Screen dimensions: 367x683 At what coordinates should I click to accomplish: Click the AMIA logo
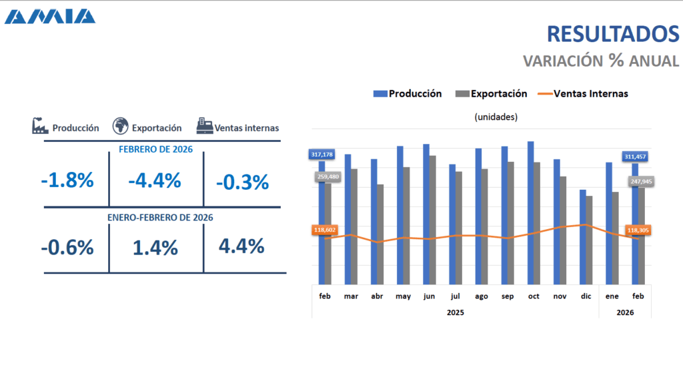[x=49, y=16]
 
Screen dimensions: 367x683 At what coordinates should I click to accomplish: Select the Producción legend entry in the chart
[x=408, y=94]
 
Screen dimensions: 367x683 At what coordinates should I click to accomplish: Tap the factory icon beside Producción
[x=40, y=126]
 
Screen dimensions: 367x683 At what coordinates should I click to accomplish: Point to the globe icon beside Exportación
[x=120, y=126]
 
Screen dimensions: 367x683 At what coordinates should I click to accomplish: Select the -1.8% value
[x=67, y=181]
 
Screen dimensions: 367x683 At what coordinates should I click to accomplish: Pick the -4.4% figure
[x=155, y=181]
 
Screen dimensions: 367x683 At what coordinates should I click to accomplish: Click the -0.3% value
[x=243, y=182]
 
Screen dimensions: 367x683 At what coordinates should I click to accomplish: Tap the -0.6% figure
[x=67, y=248]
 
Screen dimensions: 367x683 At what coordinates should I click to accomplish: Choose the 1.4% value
[x=155, y=248]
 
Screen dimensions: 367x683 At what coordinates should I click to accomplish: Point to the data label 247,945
[x=640, y=181]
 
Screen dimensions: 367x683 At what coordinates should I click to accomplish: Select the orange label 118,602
[x=325, y=230]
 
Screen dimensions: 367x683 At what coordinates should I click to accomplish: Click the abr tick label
[x=377, y=296]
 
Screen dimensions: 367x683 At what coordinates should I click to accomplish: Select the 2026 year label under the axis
[x=625, y=312]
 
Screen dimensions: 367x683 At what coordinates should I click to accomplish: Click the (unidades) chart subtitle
[x=496, y=117]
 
